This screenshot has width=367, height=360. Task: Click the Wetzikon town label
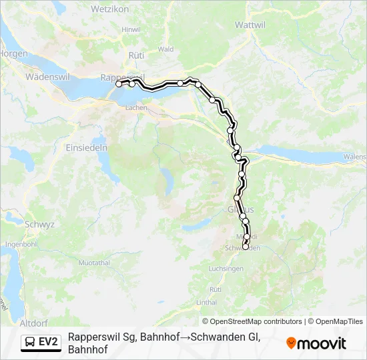(x=137, y=11)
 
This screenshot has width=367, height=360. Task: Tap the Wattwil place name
(x=251, y=24)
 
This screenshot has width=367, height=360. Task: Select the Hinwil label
(x=131, y=29)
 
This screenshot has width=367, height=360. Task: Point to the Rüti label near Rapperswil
(x=136, y=55)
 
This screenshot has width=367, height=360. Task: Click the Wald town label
(x=166, y=49)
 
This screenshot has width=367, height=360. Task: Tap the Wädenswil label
(x=43, y=77)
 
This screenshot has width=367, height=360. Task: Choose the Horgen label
(x=12, y=53)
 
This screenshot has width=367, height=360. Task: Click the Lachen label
(x=136, y=107)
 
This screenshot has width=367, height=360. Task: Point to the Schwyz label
(x=39, y=225)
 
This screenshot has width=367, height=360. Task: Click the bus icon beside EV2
(x=30, y=342)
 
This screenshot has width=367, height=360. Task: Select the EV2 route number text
(x=48, y=342)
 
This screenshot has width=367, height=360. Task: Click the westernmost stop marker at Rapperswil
(x=119, y=84)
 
